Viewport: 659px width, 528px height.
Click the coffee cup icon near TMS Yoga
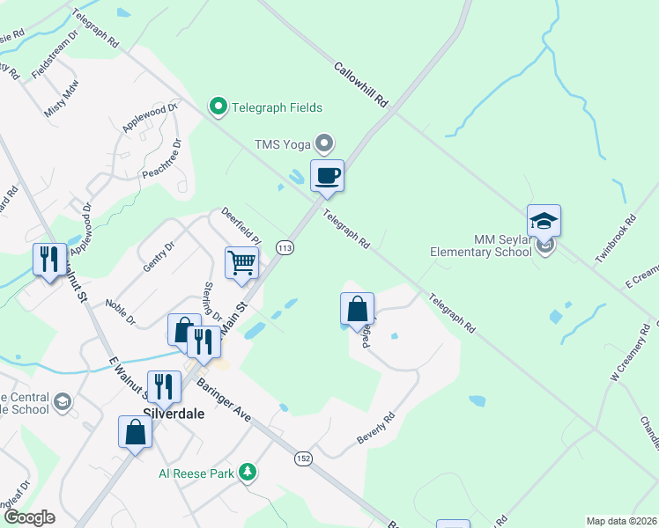(327, 176)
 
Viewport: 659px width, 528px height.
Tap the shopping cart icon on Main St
(241, 262)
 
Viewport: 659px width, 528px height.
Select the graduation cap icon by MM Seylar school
(544, 221)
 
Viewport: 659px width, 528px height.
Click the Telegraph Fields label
(277, 107)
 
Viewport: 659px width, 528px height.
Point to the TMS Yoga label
(284, 143)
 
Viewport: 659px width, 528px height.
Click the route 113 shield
(284, 249)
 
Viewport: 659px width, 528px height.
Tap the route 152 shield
(303, 458)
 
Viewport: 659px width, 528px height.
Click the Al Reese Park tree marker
(249, 473)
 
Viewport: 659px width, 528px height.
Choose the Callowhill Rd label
(361, 84)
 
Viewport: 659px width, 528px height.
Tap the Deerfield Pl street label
(241, 226)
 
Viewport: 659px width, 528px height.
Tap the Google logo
(29, 517)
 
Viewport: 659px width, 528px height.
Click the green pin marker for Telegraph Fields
(218, 107)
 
